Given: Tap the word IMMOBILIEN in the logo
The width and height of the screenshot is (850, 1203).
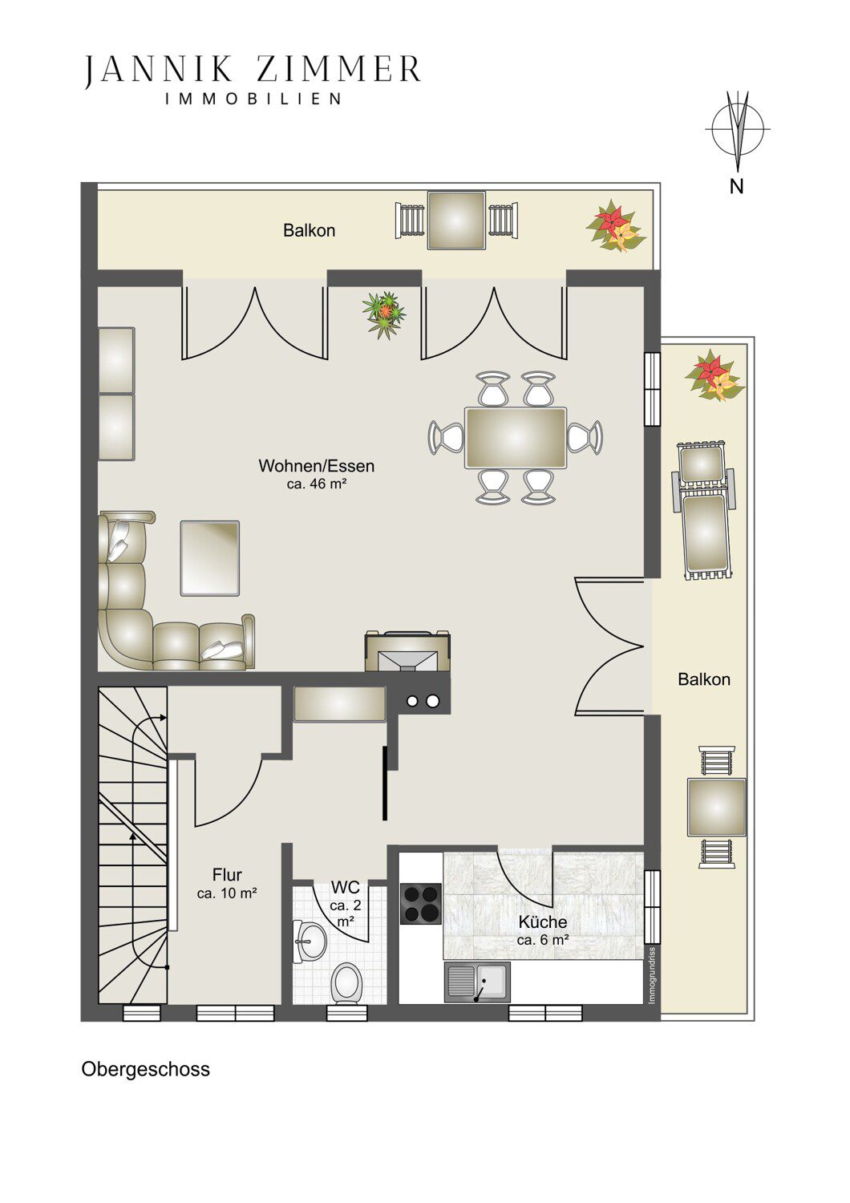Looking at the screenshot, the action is [x=253, y=99].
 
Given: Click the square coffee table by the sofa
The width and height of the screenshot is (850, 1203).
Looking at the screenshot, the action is [x=210, y=557].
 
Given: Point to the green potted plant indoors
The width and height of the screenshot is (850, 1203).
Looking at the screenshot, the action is [x=384, y=314].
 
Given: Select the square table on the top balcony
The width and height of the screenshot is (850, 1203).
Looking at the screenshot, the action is [x=456, y=221].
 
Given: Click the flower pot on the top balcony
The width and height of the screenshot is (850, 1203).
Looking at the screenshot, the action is [x=615, y=225].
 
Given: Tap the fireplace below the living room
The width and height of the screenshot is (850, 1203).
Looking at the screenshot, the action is [x=407, y=651].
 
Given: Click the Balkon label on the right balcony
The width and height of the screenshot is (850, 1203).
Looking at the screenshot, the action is [x=704, y=679].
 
